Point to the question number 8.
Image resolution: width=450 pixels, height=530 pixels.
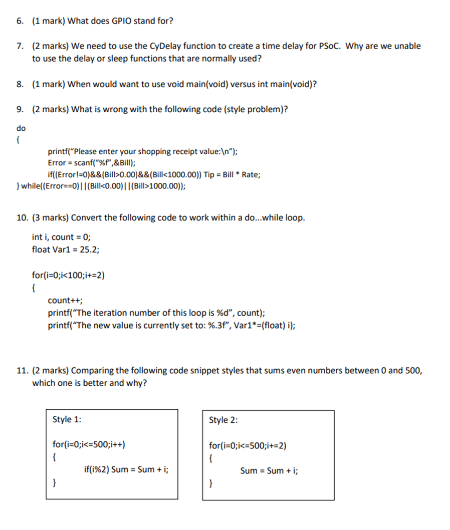(21, 84)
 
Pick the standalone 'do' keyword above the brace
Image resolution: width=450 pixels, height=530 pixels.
(21, 128)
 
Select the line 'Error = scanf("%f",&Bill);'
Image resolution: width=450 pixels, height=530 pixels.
(91, 163)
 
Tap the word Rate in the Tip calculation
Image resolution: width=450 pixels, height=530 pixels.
(251, 174)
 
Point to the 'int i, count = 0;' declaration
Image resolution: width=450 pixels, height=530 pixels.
(61, 237)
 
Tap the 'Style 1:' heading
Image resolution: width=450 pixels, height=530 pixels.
(67, 420)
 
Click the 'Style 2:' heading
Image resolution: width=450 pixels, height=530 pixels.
(223, 420)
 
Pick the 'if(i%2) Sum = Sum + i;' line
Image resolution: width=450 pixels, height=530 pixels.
(126, 470)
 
